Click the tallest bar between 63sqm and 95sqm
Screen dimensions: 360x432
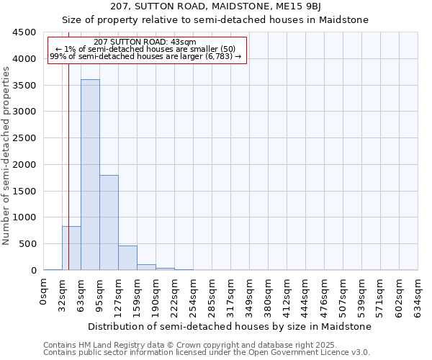(90, 174)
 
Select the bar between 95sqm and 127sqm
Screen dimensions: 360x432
(109, 222)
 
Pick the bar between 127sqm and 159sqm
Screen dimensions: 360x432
(127, 258)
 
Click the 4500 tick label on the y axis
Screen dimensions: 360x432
(24, 32)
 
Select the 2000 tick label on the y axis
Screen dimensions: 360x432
(24, 165)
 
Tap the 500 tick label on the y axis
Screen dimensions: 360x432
(27, 244)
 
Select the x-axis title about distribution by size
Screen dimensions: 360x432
(230, 326)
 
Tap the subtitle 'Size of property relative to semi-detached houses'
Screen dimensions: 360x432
(215, 20)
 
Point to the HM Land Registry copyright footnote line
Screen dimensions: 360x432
(196, 345)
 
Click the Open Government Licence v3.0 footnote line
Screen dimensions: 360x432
(207, 353)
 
